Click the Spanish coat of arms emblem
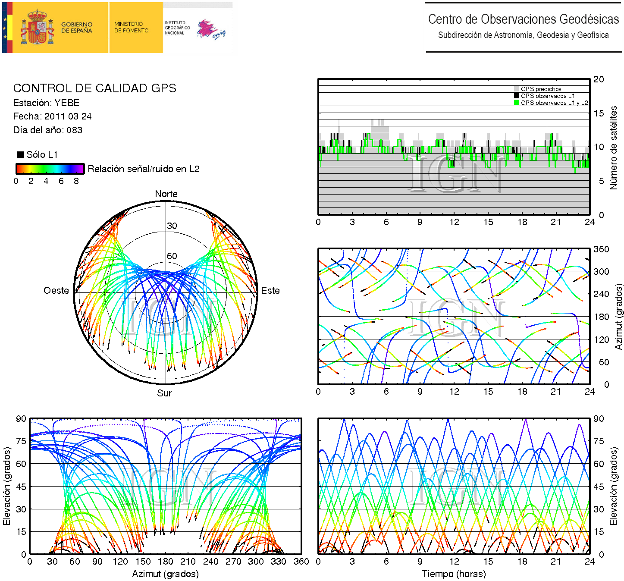[x=38, y=28]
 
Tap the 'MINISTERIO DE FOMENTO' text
[x=131, y=27]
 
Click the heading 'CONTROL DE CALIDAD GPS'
[x=95, y=88]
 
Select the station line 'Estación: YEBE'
[x=47, y=103]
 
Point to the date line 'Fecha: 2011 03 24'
[x=52, y=116]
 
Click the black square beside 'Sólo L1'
[x=20, y=155]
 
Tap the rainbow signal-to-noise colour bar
[x=50, y=169]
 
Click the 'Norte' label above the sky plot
[x=166, y=194]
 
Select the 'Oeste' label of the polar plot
[x=56, y=291]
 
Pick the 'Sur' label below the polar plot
[x=164, y=393]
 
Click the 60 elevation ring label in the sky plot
[x=172, y=256]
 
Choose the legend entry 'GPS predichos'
[x=541, y=89]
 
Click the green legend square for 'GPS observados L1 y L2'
[x=517, y=103]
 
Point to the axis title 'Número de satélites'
[x=613, y=148]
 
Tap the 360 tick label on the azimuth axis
[x=601, y=249]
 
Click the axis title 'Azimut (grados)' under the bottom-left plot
[x=165, y=574]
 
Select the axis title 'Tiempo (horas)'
[x=454, y=574]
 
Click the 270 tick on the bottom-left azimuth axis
[x=233, y=562]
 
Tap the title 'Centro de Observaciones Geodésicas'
[x=524, y=19]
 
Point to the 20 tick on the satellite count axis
[x=599, y=79]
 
